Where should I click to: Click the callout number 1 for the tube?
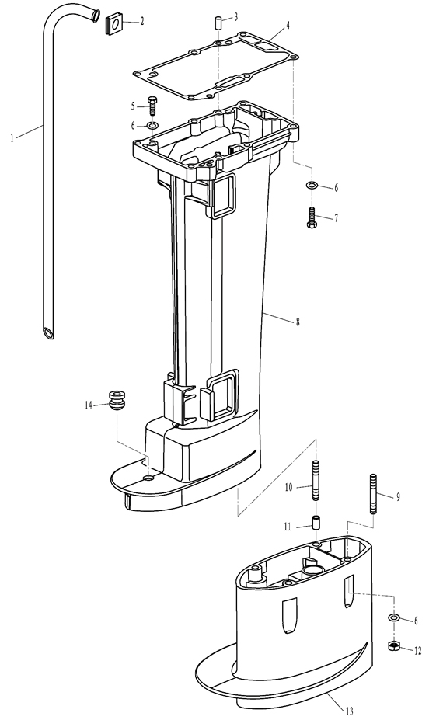(12, 137)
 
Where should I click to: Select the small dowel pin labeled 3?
(218, 22)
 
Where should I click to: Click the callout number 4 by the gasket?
(288, 25)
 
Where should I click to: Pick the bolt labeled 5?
(152, 106)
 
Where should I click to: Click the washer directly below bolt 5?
(152, 125)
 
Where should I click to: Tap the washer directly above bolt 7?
(312, 186)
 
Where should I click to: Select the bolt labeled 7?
(311, 217)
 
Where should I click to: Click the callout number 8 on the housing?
(297, 322)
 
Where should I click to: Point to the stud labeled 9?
(372, 494)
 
